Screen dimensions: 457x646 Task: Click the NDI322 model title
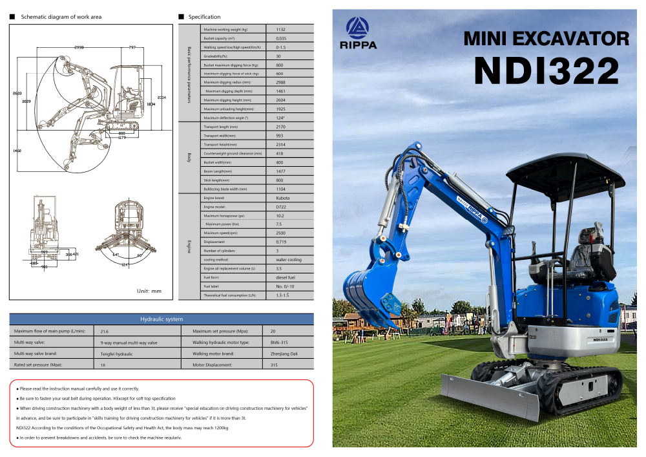tap(547, 70)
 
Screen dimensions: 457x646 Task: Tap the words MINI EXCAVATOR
tap(546, 39)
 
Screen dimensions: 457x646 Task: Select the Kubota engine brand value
tap(283, 197)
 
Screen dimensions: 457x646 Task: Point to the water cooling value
tap(288, 259)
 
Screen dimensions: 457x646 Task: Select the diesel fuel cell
tap(286, 277)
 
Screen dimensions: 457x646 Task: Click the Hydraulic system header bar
tap(161, 319)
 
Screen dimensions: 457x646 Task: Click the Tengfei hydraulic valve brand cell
tap(117, 354)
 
